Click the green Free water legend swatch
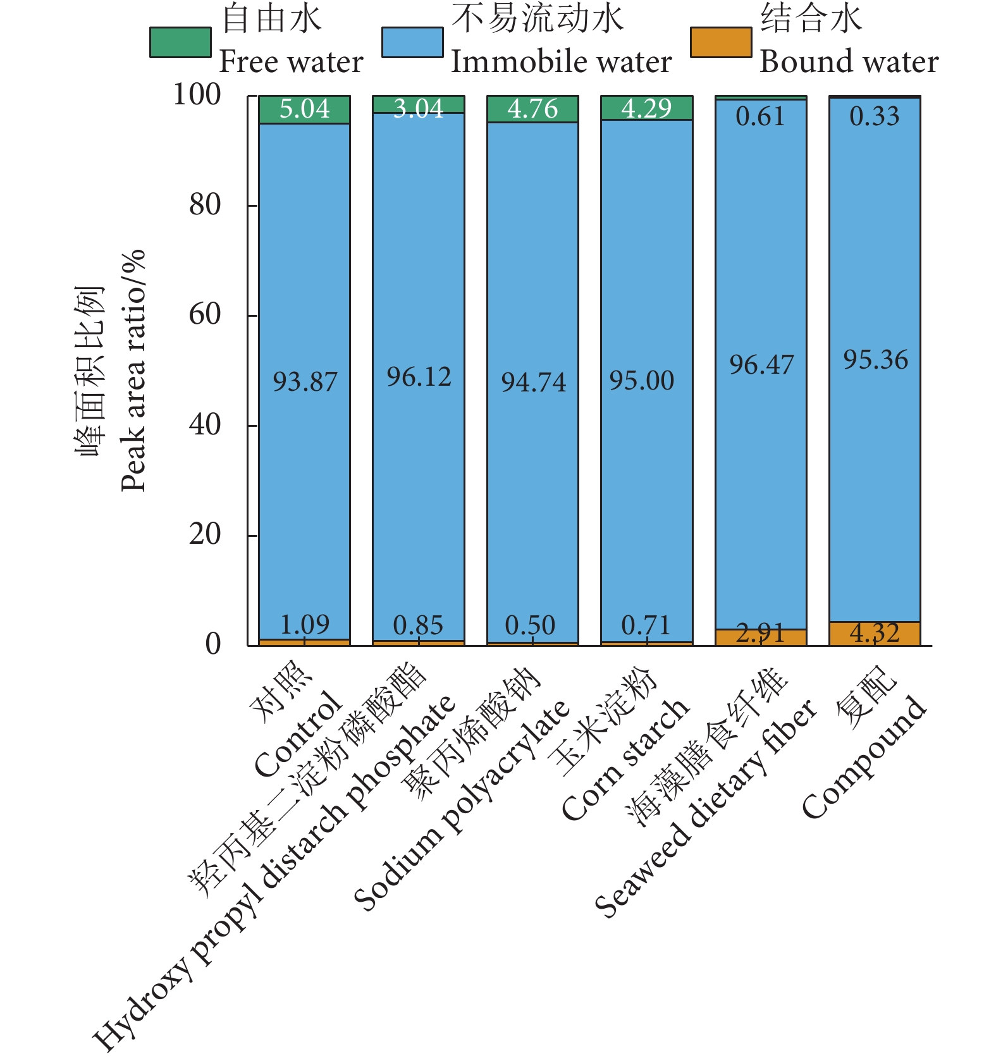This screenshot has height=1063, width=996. (180, 42)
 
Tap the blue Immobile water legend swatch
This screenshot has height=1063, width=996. (412, 42)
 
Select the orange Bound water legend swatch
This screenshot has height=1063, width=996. (721, 42)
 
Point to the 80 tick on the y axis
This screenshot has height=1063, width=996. (205, 205)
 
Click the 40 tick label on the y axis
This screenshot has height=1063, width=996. (205, 425)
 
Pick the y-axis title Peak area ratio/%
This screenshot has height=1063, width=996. (133, 371)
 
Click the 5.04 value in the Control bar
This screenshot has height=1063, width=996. (305, 109)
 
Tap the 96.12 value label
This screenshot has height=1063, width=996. (419, 378)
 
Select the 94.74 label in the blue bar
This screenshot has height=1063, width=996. (533, 382)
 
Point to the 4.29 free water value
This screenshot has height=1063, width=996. (646, 109)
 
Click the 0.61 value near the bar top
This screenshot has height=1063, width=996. (760, 117)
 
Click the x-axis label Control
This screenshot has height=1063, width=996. (297, 734)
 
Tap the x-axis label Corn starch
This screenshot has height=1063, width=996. (625, 759)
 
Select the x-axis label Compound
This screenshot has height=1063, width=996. (864, 756)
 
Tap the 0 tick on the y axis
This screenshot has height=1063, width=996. (213, 644)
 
